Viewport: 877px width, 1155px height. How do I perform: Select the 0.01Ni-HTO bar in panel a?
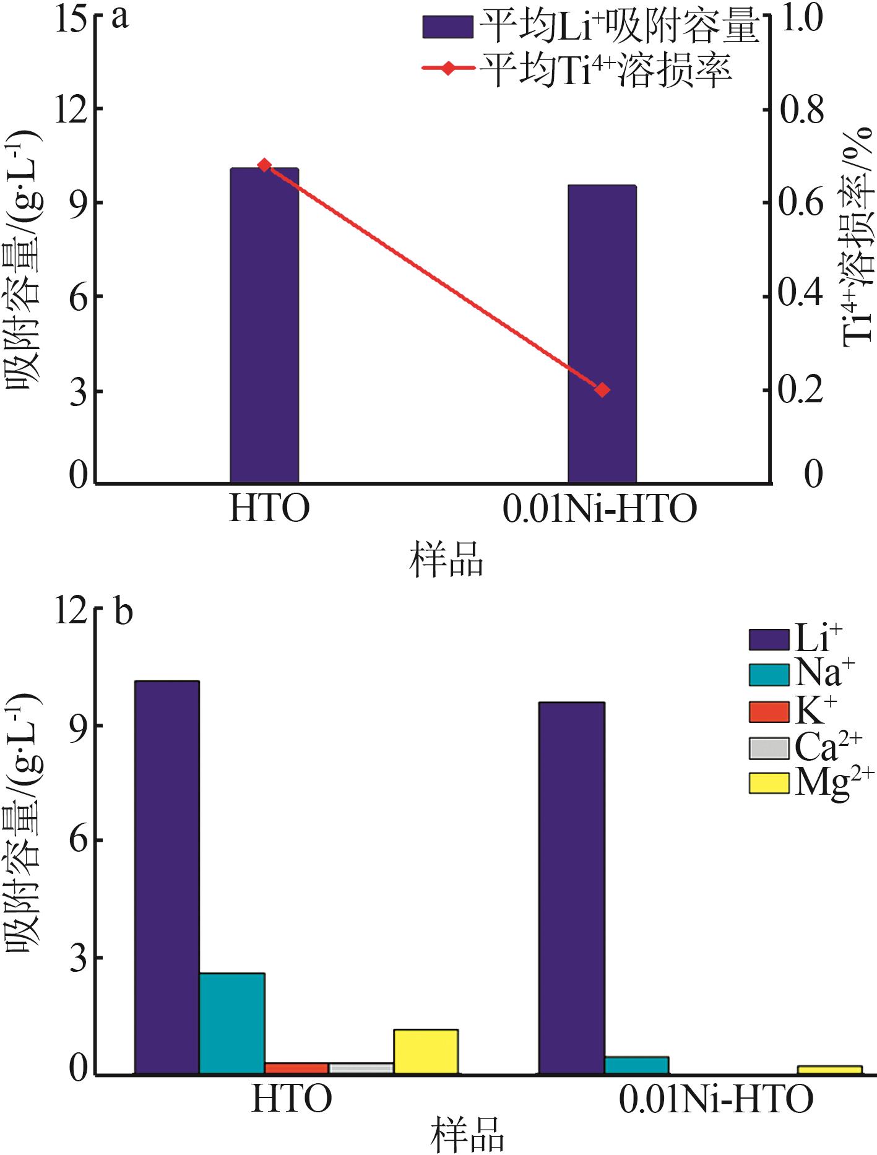click(x=602, y=334)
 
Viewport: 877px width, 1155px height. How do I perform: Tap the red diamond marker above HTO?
click(x=264, y=165)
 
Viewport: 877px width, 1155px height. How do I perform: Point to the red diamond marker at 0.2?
click(x=602, y=389)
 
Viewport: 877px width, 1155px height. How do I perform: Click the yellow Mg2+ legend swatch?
click(x=769, y=783)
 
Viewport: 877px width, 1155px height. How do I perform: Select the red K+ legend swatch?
click(x=769, y=712)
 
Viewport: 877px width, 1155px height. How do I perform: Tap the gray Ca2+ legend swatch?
click(x=769, y=748)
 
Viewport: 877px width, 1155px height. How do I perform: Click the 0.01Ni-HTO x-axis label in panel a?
click(x=600, y=509)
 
